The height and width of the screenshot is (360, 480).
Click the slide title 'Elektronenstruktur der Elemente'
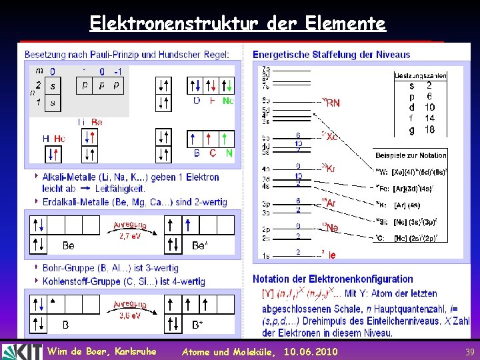[237, 24]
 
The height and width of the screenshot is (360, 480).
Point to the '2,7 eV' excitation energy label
[130, 236]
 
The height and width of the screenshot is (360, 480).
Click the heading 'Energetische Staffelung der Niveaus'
[331, 55]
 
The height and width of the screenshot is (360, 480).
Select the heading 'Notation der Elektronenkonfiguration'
[333, 279]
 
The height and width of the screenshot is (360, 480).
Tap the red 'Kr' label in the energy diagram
[330, 169]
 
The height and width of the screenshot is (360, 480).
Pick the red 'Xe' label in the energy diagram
[331, 137]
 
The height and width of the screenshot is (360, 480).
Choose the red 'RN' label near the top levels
[333, 103]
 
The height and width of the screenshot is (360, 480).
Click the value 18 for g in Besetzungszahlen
[429, 130]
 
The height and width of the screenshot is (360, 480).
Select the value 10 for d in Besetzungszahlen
[429, 107]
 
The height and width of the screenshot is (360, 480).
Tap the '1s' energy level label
[265, 255]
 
